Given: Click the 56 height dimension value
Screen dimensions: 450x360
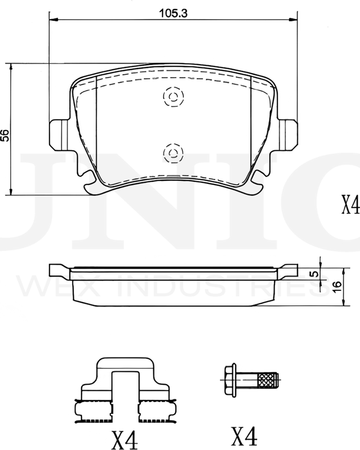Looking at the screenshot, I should tap(5, 134).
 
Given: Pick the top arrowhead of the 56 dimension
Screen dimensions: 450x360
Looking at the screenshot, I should tap(12, 65).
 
